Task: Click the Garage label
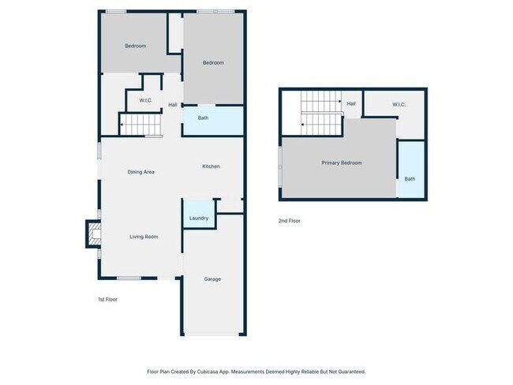[x=212, y=279]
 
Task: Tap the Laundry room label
[x=199, y=218]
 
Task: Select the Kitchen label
[x=211, y=166]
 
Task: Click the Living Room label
[x=144, y=237]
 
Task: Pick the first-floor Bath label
[x=203, y=118]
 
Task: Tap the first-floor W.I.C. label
[x=146, y=100]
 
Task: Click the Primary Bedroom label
[x=342, y=163]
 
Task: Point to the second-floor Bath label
[x=410, y=179]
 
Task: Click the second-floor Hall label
[x=351, y=103]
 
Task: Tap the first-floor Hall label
[x=173, y=105]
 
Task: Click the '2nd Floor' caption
[x=289, y=221]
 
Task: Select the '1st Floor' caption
[x=107, y=300]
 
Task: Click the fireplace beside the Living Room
[x=94, y=234]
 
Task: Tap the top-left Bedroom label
[x=136, y=46]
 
